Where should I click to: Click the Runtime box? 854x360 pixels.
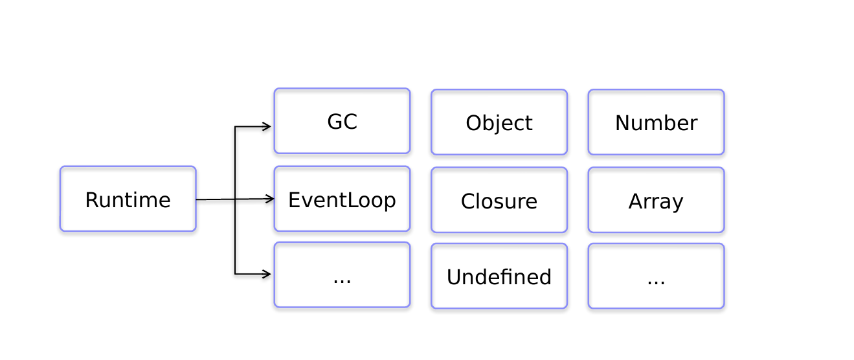click(128, 199)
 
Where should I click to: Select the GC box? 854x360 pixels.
click(342, 121)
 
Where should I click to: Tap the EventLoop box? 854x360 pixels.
click(342, 199)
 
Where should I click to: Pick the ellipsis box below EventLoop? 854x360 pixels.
click(342, 275)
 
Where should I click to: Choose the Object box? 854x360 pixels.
click(499, 122)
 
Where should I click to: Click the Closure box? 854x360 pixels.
click(499, 200)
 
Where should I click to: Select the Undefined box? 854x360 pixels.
click(499, 276)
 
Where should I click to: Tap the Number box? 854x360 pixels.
click(656, 122)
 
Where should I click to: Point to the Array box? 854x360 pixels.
click(656, 200)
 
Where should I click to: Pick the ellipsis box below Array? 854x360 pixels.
click(656, 276)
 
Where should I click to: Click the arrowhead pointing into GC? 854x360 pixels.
click(267, 127)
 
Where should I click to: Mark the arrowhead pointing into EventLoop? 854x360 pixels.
click(270, 199)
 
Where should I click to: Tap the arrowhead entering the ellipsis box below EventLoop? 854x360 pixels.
click(267, 274)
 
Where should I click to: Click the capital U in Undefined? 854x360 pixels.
click(454, 277)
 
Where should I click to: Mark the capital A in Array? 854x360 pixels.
click(635, 201)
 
